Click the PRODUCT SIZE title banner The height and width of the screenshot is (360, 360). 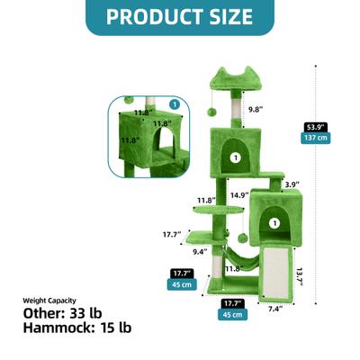[179, 16]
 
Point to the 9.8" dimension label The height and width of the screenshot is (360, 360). [257, 110]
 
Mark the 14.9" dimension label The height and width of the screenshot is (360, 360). [239, 194]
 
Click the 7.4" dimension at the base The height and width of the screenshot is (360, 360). [275, 309]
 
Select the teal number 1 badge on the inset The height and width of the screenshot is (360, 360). [174, 103]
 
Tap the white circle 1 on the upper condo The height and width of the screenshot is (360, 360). [237, 157]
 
